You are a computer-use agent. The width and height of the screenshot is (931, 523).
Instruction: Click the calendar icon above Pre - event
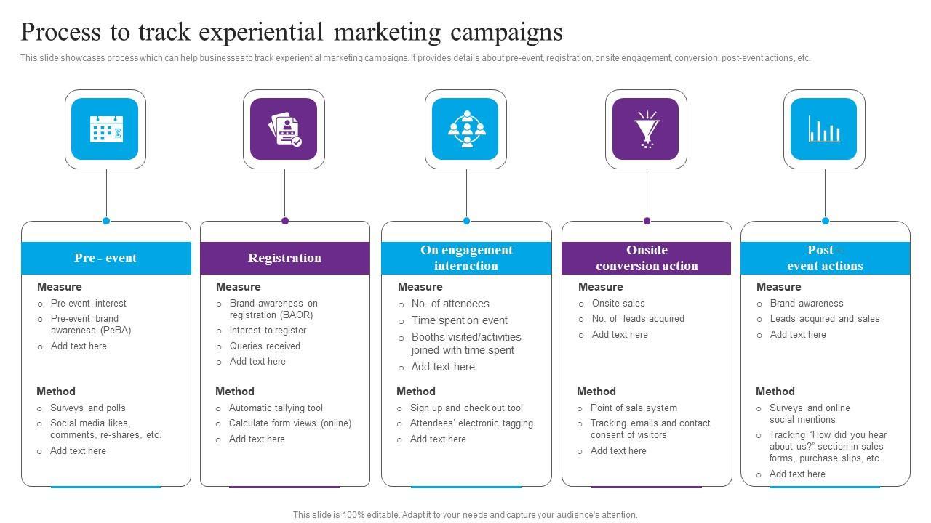tap(105, 129)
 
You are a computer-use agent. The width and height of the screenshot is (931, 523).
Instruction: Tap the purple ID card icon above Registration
tap(284, 129)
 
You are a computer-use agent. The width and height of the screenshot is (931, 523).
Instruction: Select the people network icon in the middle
tap(465, 129)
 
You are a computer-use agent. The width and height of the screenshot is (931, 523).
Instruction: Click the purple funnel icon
tap(646, 129)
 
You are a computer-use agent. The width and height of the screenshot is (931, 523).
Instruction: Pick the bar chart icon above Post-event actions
tap(824, 129)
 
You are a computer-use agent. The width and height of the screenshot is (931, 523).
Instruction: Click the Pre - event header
tap(105, 258)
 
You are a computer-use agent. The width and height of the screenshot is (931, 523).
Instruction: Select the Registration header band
tap(284, 258)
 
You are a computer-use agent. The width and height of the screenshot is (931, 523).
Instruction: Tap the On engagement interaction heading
tap(466, 258)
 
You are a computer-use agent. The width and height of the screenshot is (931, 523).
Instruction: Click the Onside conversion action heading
tap(647, 258)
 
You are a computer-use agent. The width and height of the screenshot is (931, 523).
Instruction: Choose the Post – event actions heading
tap(825, 258)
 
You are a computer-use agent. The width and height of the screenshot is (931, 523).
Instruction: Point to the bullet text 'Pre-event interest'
tap(88, 304)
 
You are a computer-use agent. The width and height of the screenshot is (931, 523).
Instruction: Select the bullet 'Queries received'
tap(265, 346)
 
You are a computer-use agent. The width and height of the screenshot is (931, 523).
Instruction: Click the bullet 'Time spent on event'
tap(459, 320)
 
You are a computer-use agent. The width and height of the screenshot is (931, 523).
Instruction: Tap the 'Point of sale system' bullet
tap(634, 408)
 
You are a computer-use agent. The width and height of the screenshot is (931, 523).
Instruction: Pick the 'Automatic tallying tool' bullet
tap(276, 408)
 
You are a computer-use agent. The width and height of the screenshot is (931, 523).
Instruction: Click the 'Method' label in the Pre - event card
tap(56, 392)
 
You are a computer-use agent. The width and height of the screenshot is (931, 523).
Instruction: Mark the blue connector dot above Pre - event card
tap(106, 221)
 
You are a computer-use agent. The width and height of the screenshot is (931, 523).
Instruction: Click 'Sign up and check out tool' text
tap(466, 408)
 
